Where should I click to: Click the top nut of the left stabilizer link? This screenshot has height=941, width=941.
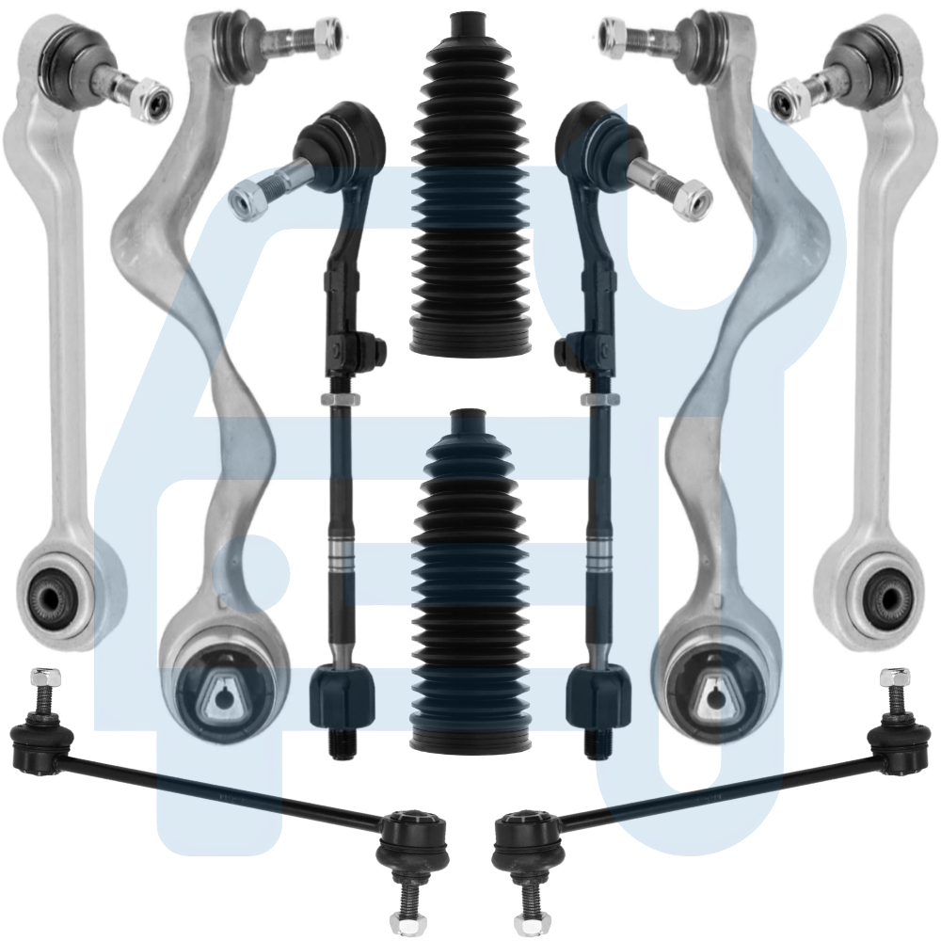click(x=43, y=677)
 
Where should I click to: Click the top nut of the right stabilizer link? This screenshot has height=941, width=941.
click(x=896, y=677)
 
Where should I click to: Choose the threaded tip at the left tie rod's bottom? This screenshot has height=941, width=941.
click(x=342, y=742)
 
